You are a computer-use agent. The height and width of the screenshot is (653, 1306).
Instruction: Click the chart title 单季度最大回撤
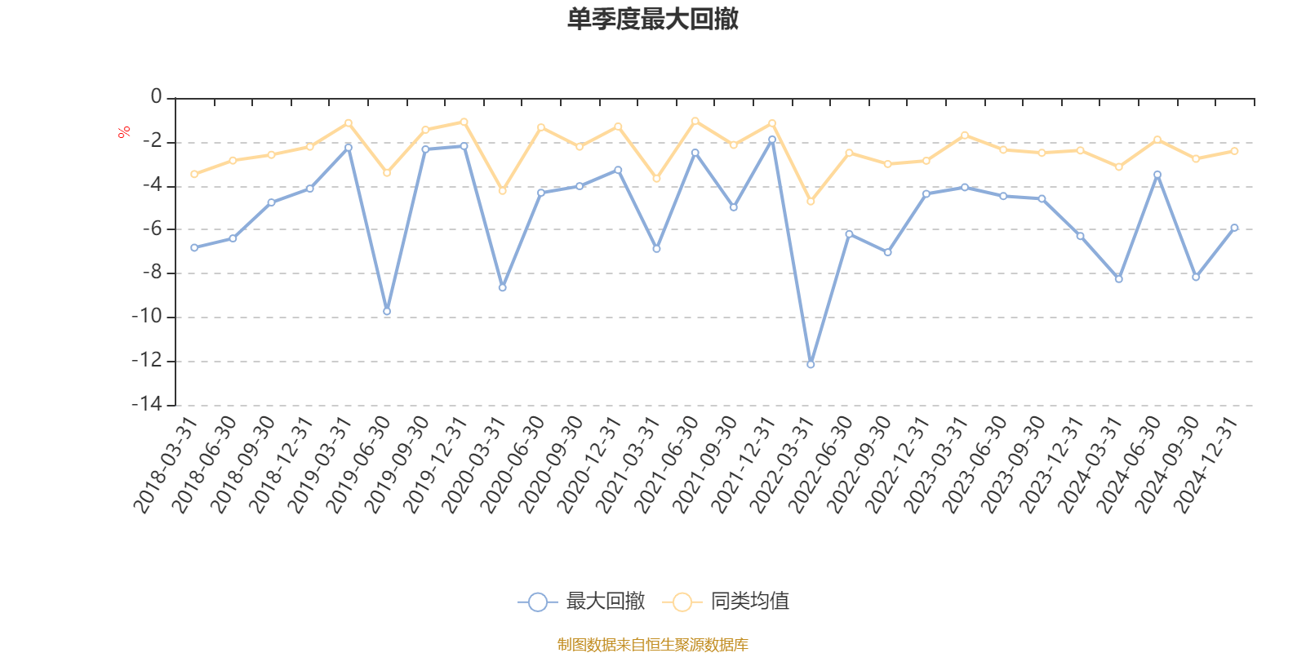click(x=652, y=20)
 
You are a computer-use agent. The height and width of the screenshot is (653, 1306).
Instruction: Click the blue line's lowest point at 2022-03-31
click(x=811, y=364)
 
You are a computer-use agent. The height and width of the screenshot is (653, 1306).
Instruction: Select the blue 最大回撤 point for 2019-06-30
click(x=387, y=311)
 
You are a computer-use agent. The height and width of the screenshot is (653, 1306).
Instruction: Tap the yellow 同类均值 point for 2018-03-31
click(x=194, y=174)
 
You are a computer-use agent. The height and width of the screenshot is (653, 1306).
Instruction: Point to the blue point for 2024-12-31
click(x=1234, y=228)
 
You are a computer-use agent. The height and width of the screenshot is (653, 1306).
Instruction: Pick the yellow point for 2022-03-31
click(x=811, y=201)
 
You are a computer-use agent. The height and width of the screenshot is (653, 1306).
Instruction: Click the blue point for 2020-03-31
click(x=502, y=287)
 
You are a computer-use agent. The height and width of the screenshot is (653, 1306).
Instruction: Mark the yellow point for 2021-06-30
click(x=695, y=121)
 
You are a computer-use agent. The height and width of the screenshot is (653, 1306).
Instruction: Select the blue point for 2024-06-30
click(x=1157, y=174)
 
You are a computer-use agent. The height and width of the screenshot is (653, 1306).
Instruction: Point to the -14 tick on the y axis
click(x=146, y=404)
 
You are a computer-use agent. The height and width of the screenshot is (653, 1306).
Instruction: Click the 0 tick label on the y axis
click(x=156, y=97)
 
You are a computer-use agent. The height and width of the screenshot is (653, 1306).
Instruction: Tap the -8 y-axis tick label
click(x=151, y=273)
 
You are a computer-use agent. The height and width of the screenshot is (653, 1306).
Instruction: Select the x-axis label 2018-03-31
click(x=166, y=465)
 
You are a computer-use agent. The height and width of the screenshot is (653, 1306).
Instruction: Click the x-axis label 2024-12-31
click(x=1206, y=465)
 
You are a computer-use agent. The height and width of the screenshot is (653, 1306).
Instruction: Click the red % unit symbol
click(x=124, y=132)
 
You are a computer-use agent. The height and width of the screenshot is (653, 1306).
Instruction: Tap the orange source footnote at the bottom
click(x=652, y=645)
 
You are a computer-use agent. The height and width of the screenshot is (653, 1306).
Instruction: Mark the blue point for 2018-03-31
click(x=194, y=247)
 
